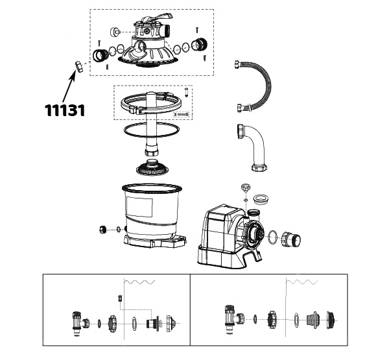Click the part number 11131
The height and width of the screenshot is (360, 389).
pyautogui.click(x=65, y=110)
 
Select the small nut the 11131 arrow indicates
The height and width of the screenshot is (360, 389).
pyautogui.click(x=78, y=66)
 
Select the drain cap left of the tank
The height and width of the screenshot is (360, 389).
pyautogui.click(x=103, y=228)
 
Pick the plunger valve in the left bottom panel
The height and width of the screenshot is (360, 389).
pyautogui.click(x=77, y=321)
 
